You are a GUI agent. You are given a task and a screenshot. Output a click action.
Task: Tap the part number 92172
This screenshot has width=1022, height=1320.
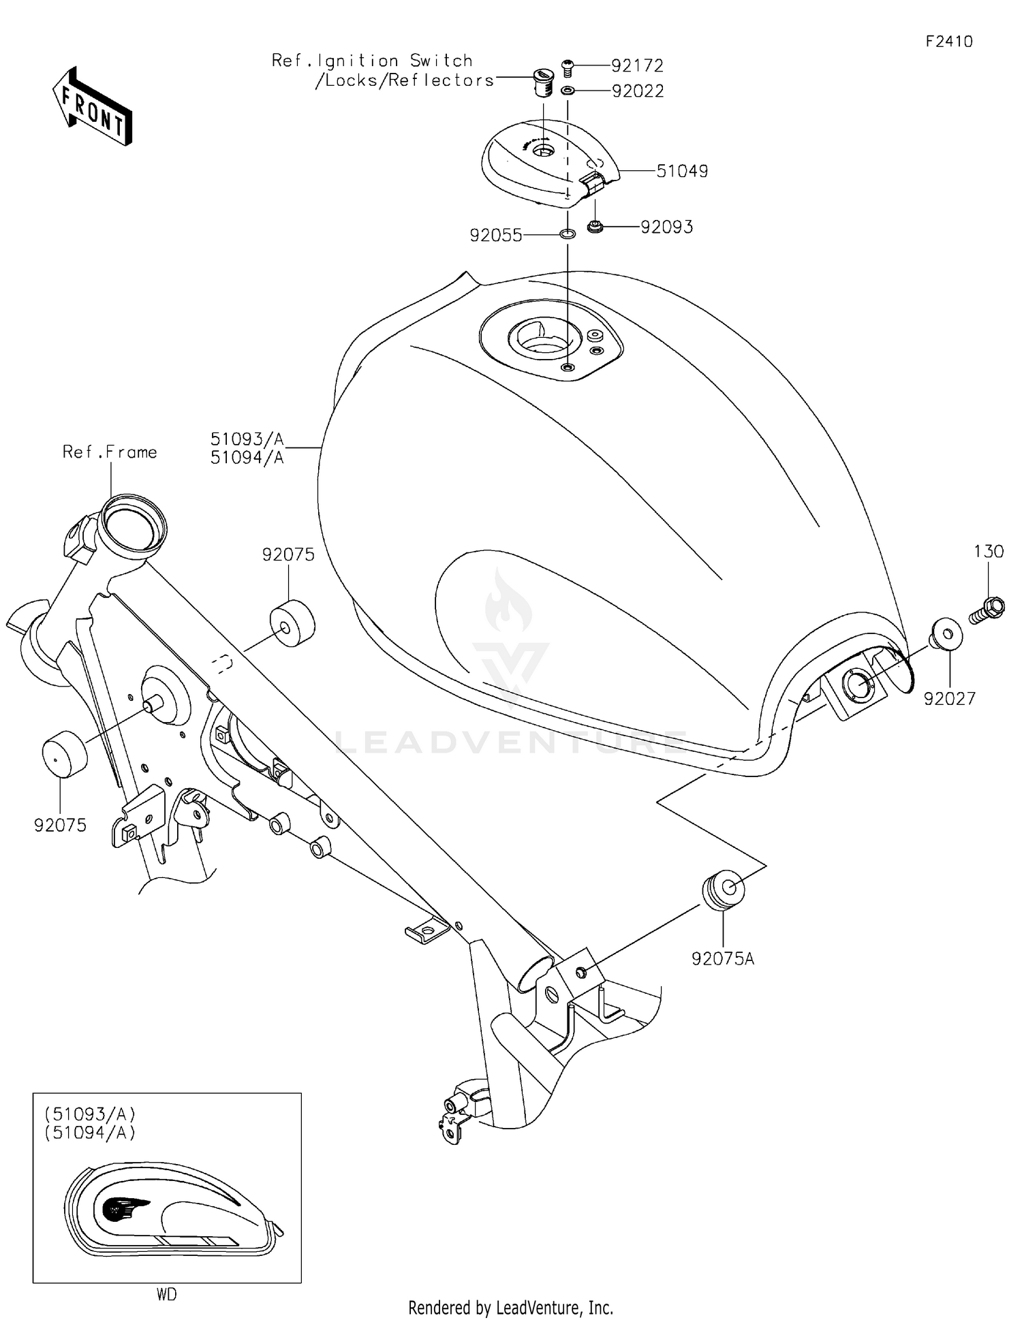point(637,66)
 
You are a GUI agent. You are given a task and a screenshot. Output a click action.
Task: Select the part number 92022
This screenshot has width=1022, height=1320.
point(638,91)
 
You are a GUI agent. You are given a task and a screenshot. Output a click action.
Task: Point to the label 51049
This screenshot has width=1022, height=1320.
point(682,171)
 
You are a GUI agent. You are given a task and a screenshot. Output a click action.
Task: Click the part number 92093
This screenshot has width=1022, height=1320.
point(666,227)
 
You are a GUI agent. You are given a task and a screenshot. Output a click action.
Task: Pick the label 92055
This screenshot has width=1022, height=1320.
point(496,236)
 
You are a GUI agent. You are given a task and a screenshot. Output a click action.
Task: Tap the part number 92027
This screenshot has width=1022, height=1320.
point(950,698)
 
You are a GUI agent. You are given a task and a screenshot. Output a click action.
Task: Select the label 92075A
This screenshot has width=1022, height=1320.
point(723,959)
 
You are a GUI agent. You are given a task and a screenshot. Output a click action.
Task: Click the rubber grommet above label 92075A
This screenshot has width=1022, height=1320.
point(723,890)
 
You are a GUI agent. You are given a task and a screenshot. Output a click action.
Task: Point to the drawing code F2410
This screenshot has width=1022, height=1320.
point(949,42)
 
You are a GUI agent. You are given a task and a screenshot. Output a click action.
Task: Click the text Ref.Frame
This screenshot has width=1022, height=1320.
point(110,452)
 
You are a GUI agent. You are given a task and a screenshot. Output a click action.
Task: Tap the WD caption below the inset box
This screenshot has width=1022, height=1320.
point(166,1295)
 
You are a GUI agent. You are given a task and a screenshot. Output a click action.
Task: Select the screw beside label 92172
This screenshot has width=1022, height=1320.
point(568,66)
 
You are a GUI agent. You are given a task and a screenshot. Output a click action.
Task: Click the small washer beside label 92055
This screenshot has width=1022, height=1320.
point(567,235)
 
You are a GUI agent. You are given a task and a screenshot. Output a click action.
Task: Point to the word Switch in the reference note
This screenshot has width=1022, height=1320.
point(441,61)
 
